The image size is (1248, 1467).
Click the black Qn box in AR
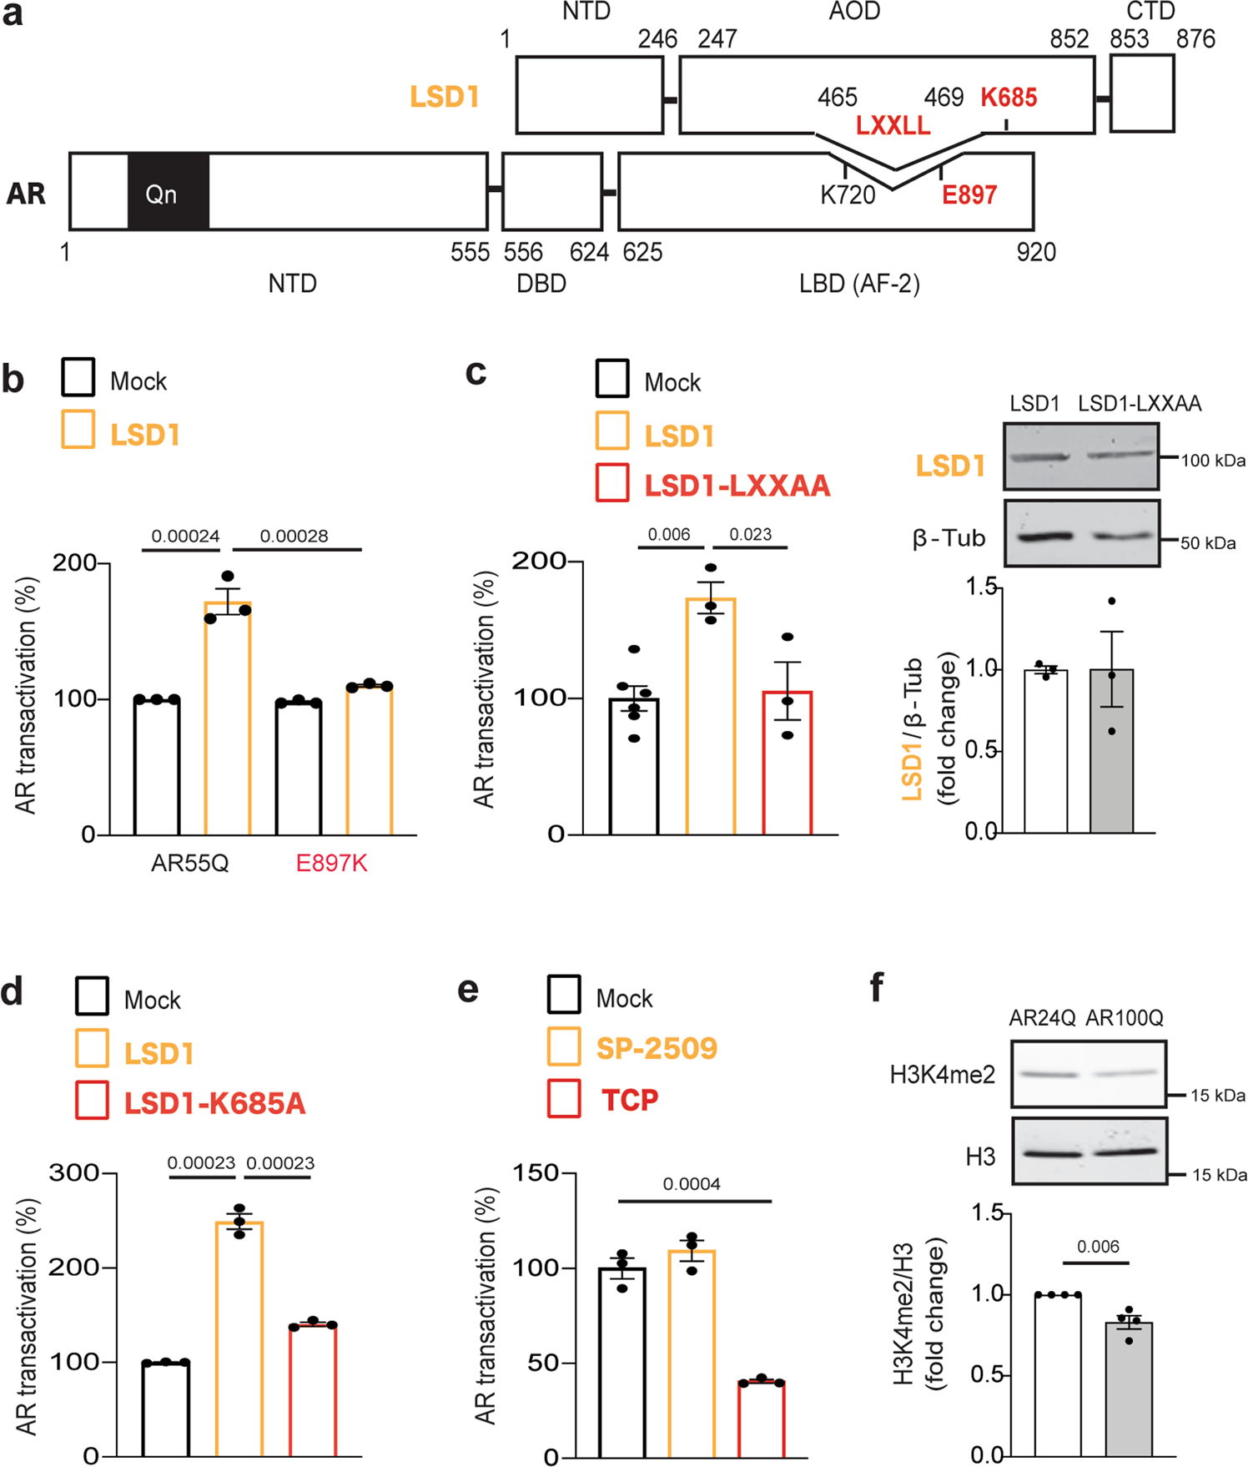(x=168, y=192)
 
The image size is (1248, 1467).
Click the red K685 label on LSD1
(x=1009, y=98)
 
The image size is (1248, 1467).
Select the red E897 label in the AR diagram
(x=969, y=195)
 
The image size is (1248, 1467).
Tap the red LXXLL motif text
(x=893, y=126)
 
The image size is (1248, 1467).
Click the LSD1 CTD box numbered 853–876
(x=1142, y=93)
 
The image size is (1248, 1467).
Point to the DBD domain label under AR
(x=541, y=284)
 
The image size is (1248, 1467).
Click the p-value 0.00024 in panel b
(x=185, y=536)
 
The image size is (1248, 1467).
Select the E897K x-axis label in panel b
(x=331, y=863)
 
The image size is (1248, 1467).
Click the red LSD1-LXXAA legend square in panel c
(x=612, y=485)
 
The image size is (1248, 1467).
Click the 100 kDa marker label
(x=1213, y=460)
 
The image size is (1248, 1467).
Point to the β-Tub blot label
(x=949, y=538)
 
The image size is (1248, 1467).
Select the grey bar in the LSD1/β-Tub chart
(x=1111, y=750)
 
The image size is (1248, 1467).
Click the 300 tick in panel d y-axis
(x=73, y=1172)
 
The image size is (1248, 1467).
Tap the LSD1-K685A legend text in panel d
(x=214, y=1103)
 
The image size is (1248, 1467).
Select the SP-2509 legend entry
(x=657, y=1048)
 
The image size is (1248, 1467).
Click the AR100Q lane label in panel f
(x=1124, y=1018)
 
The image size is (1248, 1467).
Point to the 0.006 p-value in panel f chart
(x=1097, y=1247)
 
